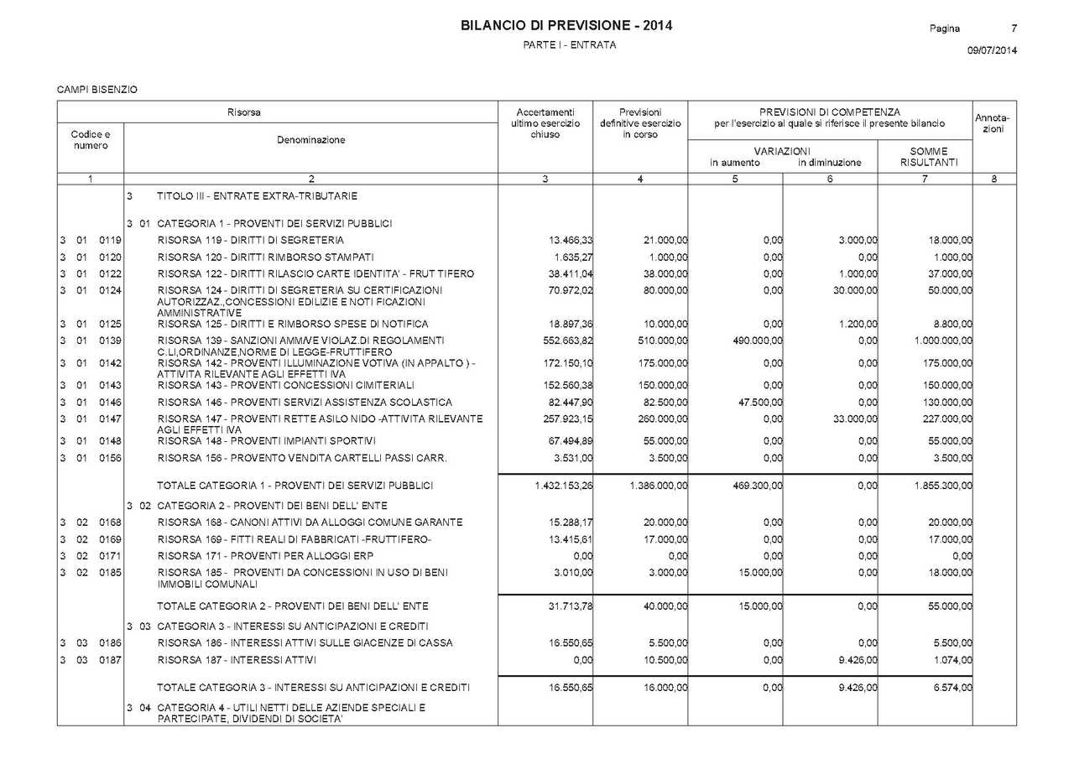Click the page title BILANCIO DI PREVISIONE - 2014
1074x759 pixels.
566,26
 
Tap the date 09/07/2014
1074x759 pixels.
992,51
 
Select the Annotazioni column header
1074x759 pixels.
993,123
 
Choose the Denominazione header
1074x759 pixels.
310,140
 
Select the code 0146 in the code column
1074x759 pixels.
110,403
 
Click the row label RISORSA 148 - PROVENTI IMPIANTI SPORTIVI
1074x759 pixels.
267,441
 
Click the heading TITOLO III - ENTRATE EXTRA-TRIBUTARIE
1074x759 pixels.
257,196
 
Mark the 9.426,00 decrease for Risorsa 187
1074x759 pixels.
858,660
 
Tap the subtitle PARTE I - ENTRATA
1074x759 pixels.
569,45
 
